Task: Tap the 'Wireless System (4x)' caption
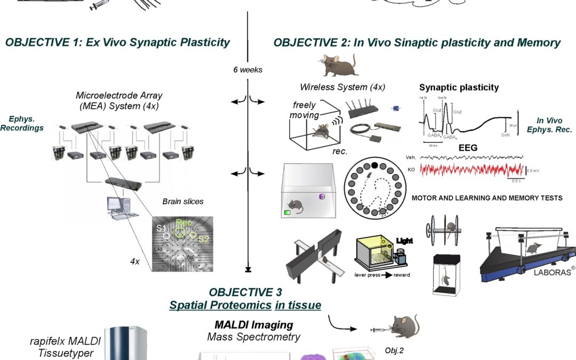click(x=342, y=87)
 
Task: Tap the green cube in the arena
click(x=287, y=212)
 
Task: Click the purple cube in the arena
click(x=322, y=197)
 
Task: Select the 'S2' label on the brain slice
click(x=203, y=239)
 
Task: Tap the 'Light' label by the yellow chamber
click(x=404, y=241)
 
